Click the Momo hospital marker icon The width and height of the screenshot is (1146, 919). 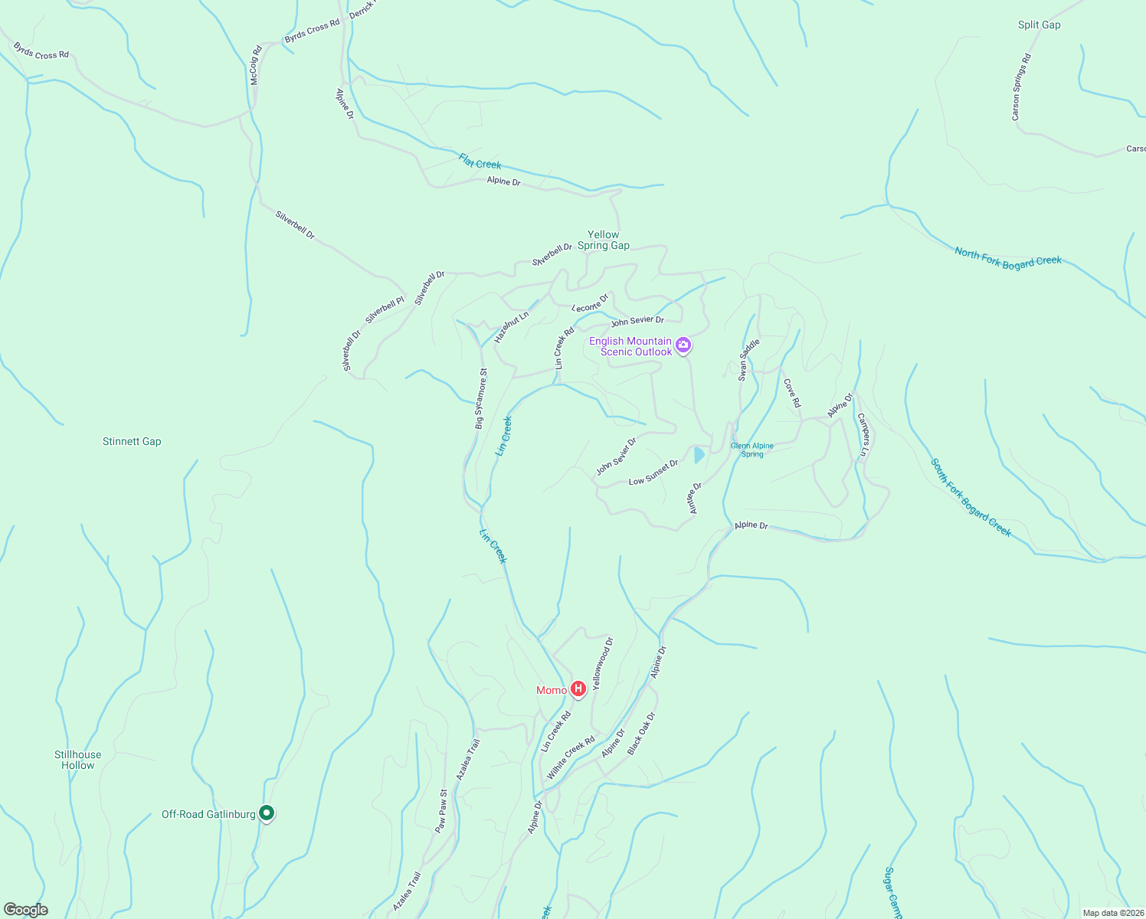578,689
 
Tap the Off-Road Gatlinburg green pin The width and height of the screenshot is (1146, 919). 267,813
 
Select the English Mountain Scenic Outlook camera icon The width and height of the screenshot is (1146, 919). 683,345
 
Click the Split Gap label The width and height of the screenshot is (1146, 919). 1039,25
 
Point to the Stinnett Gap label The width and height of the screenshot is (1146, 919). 132,441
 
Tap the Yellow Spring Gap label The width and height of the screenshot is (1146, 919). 604,240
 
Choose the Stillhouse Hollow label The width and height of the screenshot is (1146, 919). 77,760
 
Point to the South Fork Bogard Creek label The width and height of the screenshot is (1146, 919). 971,497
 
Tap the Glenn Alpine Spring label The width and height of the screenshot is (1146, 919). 752,450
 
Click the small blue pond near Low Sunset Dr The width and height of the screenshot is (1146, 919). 699,455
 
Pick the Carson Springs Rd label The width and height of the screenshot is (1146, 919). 1021,87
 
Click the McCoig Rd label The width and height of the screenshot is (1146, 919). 256,65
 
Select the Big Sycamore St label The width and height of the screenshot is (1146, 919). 480,397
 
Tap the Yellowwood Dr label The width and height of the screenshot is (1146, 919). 603,663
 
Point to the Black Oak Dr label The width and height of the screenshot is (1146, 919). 641,734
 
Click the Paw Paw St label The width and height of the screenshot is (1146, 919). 440,811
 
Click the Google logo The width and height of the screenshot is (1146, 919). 26,910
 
